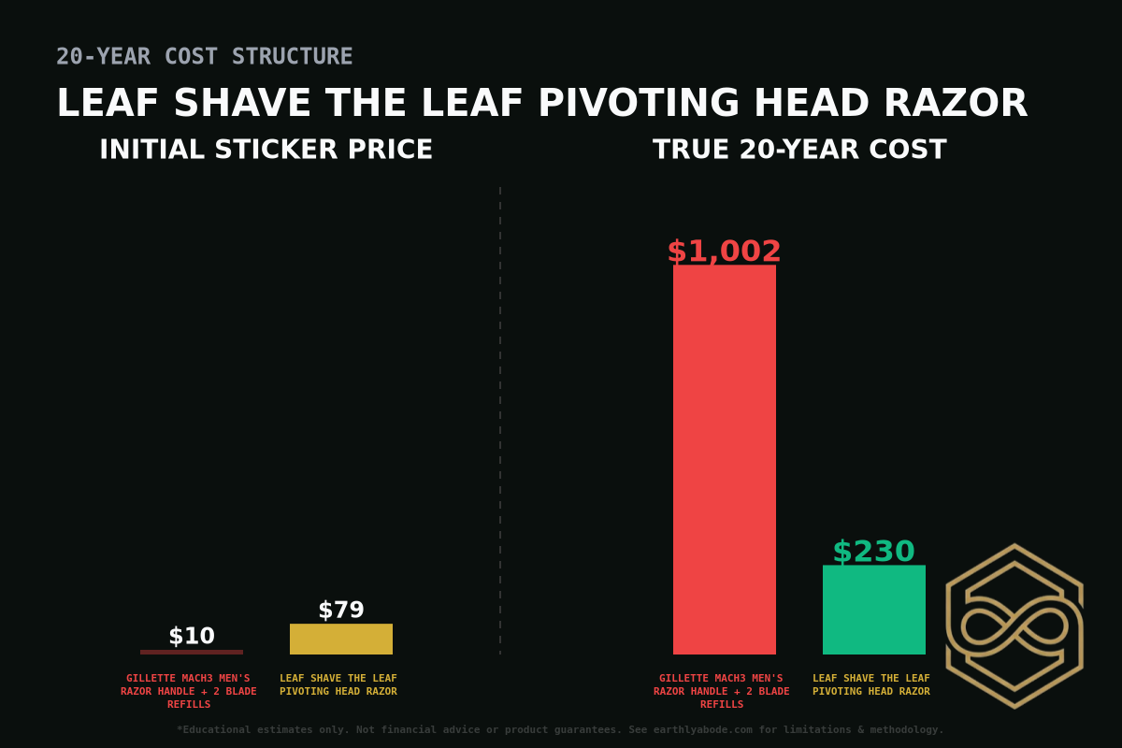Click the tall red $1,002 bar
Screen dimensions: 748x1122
click(725, 458)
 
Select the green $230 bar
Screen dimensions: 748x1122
click(874, 610)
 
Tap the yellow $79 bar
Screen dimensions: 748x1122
click(341, 639)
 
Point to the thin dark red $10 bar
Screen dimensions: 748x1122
click(192, 652)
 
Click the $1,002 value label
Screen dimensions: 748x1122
click(725, 252)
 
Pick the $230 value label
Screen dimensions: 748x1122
click(874, 552)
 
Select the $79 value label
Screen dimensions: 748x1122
click(341, 611)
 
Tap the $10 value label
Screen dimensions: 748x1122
click(192, 637)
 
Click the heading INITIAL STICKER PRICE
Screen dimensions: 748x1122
click(266, 150)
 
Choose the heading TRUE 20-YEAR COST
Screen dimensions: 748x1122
click(799, 150)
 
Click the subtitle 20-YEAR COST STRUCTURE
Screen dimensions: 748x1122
click(205, 57)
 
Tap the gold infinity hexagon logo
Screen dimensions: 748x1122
click(1014, 626)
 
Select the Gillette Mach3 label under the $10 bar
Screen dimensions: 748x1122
click(188, 691)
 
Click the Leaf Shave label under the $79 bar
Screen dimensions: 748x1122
click(338, 684)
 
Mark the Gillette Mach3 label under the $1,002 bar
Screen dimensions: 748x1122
click(721, 691)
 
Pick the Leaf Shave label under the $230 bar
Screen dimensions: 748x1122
click(871, 684)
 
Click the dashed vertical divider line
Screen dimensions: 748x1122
click(500, 421)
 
